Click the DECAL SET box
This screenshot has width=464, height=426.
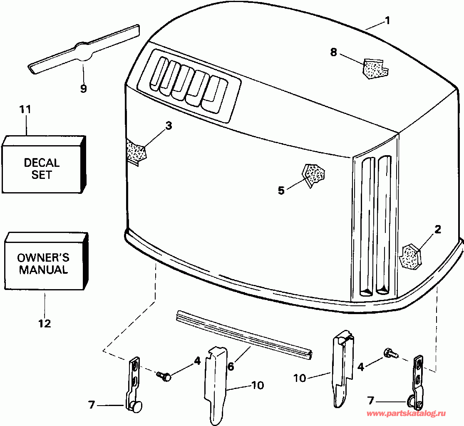[x=44, y=164]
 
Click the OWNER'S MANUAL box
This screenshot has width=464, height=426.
[x=46, y=260]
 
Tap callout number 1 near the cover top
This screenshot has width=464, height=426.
[x=387, y=21]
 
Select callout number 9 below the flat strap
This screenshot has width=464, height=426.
[x=84, y=89]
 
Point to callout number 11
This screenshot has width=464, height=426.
[x=25, y=109]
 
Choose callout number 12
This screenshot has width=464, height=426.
[x=45, y=323]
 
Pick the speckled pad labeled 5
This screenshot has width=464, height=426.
[x=313, y=175]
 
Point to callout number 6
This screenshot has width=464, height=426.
[x=231, y=367]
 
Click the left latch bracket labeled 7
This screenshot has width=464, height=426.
[x=135, y=384]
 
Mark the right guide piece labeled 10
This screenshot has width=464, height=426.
[x=342, y=370]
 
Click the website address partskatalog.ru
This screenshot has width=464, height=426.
[x=406, y=414]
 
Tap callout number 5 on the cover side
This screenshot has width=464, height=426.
[x=281, y=190]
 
